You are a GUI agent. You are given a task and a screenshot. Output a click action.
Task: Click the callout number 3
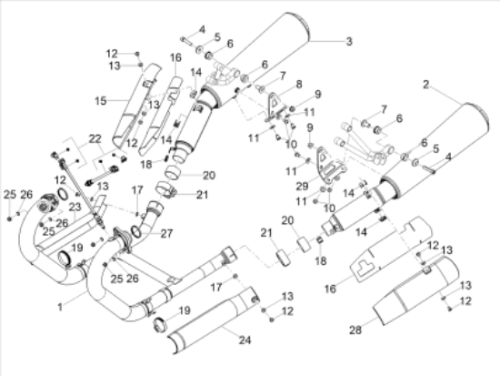pos(349,41)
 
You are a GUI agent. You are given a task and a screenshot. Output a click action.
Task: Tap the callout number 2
pos(426,85)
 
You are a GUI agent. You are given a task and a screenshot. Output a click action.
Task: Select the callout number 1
pos(60,307)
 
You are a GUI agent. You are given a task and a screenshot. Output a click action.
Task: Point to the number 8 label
pos(299,85)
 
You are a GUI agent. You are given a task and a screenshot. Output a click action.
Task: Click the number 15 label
pos(100,101)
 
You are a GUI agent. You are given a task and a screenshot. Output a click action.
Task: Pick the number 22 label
pos(95,138)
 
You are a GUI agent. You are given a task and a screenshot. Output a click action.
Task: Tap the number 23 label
pos(75,207)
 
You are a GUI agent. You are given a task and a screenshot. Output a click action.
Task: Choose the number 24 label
pos(245,340)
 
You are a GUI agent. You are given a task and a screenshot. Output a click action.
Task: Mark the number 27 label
pos(166,234)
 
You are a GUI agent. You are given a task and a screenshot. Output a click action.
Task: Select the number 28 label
pos(355,330)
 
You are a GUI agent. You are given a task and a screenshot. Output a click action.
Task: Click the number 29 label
pos(303,186)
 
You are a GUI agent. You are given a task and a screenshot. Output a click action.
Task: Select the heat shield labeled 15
pos(136,106)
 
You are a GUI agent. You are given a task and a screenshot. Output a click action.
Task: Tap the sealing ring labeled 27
pos(135,231)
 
